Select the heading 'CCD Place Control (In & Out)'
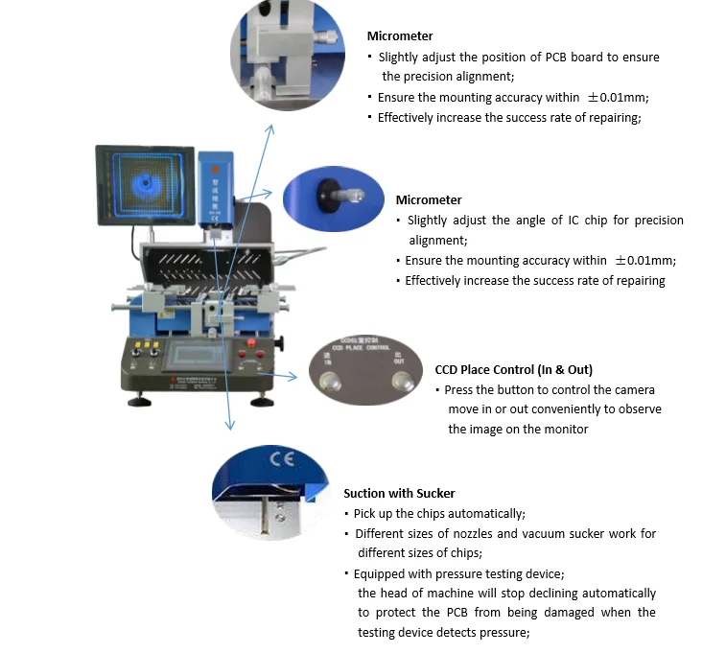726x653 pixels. (513, 369)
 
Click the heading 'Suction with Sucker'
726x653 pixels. (399, 493)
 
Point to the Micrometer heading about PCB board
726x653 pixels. (400, 36)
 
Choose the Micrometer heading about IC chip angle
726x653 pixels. (429, 199)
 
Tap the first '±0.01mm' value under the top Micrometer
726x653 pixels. (613, 98)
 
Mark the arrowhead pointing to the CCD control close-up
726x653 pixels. (300, 377)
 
